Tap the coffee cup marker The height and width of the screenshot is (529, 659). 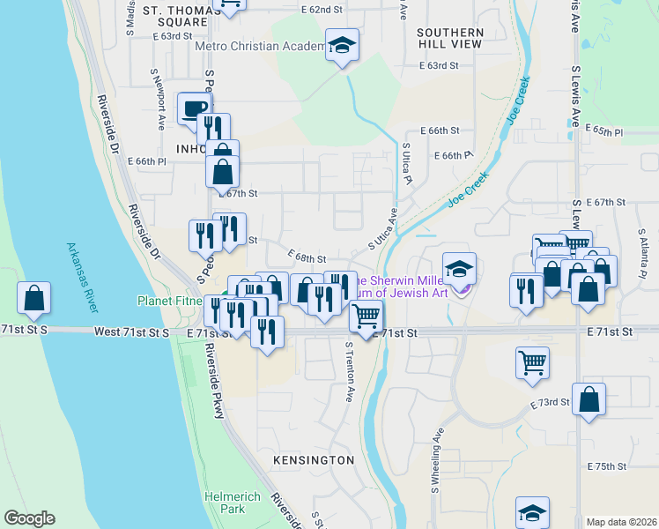tap(194, 109)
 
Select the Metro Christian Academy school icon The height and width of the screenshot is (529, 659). tap(341, 45)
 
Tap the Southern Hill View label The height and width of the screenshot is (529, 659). tap(449, 38)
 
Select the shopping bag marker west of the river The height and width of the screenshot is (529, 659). tap(33, 299)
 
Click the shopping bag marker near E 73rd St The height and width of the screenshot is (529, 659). tap(589, 399)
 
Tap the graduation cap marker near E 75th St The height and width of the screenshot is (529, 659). tap(533, 512)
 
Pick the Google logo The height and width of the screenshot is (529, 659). tap(29, 518)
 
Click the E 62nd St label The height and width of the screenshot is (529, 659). tap(320, 9)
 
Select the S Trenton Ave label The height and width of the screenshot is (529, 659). tap(349, 373)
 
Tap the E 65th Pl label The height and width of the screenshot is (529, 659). tap(606, 131)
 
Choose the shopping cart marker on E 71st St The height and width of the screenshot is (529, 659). tap(365, 314)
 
